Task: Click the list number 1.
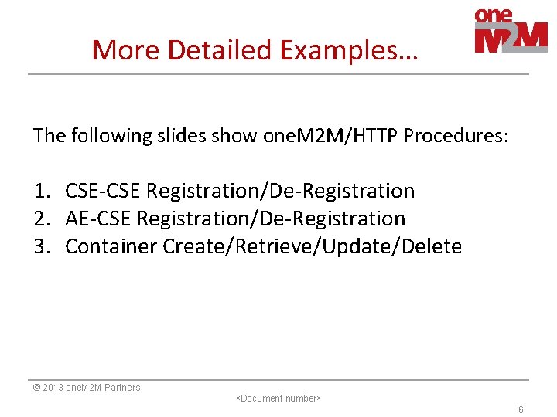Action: (42, 191)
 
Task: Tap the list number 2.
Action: (42, 219)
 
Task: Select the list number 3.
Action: (42, 247)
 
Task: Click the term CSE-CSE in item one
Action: (103, 191)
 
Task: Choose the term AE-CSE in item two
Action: (98, 219)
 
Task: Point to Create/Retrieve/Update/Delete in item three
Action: (312, 247)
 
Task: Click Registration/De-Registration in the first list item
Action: (280, 191)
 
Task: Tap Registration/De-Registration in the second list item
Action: (271, 219)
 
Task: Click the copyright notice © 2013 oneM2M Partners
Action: (87, 388)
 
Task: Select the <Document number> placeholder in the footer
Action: (278, 398)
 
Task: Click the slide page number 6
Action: (521, 410)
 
